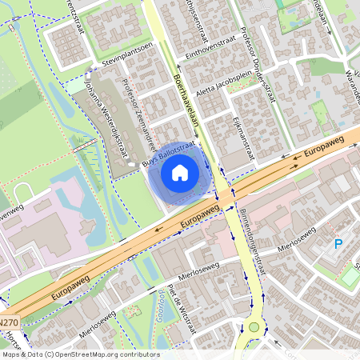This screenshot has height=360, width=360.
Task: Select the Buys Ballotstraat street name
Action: [x=169, y=154]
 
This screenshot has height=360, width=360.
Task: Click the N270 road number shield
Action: [x=9, y=322]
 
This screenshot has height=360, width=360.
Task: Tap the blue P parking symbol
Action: [x=338, y=244]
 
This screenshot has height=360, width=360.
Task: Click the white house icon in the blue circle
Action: [x=180, y=172]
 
